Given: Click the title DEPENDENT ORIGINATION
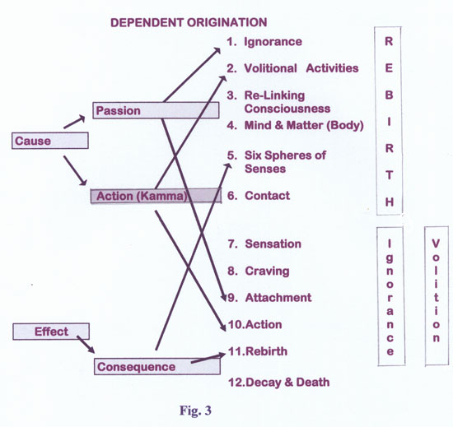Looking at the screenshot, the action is point(189,22).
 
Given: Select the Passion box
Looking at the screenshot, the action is point(156,110).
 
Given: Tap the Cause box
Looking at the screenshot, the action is point(50,141).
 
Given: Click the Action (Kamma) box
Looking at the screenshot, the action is point(156,196).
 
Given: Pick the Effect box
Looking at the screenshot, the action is point(51,332).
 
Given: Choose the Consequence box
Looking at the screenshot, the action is point(157,366).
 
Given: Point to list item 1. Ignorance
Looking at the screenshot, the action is point(264,41).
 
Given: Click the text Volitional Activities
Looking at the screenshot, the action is point(301,68).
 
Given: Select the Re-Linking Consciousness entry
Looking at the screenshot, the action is point(287,102).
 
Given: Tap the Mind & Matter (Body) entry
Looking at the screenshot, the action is point(304,125).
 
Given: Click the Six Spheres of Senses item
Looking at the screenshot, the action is point(285,162).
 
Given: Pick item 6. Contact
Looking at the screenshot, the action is point(259,196).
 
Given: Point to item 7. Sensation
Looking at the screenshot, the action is point(264,244).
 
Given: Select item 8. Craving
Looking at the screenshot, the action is point(259,271).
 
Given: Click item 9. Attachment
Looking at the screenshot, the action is point(270,298).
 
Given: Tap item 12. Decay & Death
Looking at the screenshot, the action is point(278,382).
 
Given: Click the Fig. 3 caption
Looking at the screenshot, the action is point(195,410).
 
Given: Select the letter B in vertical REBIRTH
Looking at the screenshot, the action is point(389,95).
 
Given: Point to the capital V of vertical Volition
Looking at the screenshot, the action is point(436,244).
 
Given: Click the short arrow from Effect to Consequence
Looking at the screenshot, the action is point(86,345).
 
